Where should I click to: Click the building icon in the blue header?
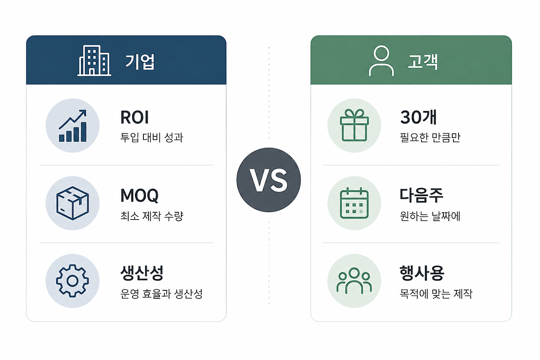point(94,60)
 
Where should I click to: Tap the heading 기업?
point(140,62)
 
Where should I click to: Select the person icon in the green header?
point(381,61)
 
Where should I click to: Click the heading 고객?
point(423,62)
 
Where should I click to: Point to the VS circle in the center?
point(269,180)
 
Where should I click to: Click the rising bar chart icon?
point(73,126)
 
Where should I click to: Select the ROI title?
point(135,117)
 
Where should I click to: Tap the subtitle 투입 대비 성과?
point(151,138)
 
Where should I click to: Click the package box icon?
point(73,203)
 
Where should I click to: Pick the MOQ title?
point(140,195)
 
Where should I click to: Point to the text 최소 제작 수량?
point(152,216)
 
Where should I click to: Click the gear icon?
point(73,281)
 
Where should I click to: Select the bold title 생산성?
point(142,273)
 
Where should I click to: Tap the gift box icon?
point(354,125)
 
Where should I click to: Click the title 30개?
point(418,117)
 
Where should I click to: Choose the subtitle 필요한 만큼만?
point(430,138)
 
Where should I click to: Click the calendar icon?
point(354,203)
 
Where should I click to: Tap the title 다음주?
point(421,195)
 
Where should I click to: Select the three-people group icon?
point(354,281)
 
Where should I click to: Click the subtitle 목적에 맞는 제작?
point(436,294)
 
